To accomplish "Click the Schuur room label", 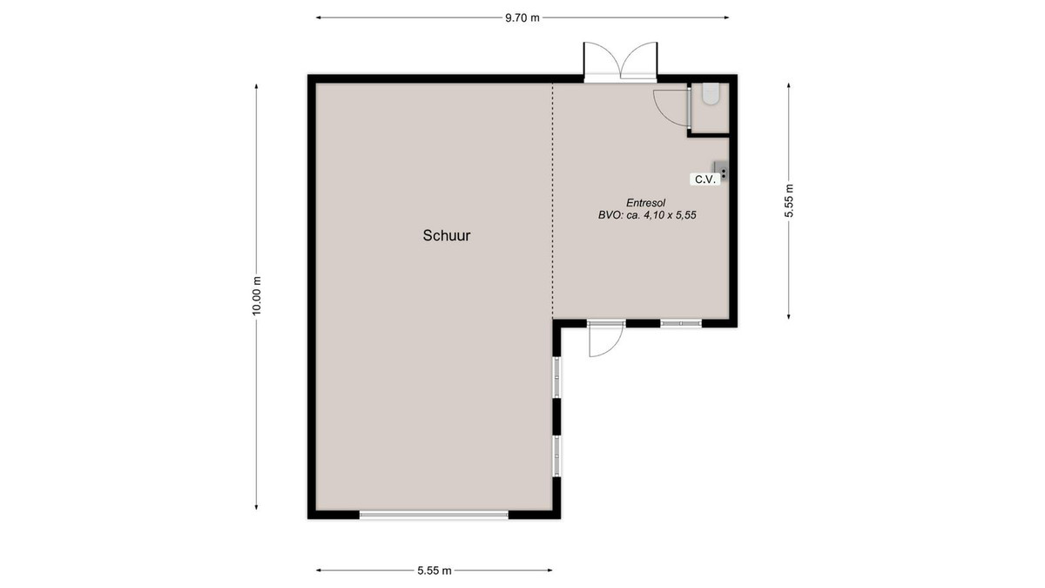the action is click(x=447, y=235).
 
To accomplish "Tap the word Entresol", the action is click(x=645, y=203).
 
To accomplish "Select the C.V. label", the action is click(x=705, y=179).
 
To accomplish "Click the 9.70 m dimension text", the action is click(x=522, y=18).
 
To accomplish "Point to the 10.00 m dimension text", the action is click(x=257, y=296).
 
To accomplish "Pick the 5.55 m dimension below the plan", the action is click(x=435, y=571).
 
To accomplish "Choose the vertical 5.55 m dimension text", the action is click(x=788, y=200).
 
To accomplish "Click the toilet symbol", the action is click(x=711, y=93).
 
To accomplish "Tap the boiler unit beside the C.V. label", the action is click(x=721, y=171).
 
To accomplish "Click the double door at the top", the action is click(x=620, y=61).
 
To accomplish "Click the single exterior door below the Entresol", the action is click(x=606, y=338).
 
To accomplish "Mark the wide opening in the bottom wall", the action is click(x=434, y=515).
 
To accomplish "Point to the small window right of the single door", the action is click(x=681, y=323).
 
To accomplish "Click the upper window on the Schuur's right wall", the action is click(x=556, y=377).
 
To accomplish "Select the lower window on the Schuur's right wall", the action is click(x=556, y=456).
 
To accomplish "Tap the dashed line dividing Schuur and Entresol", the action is click(x=553, y=200).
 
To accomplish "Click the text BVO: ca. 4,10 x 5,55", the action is click(x=647, y=215).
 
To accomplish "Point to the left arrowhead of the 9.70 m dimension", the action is click(x=319, y=17).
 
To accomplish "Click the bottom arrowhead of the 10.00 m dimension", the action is click(x=256, y=507).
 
